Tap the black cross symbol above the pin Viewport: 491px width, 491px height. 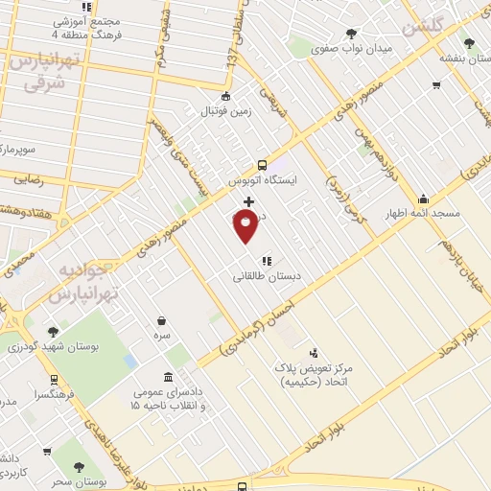pyautogui.click(x=249, y=201)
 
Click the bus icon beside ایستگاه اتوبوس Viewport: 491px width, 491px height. pyautogui.click(x=264, y=164)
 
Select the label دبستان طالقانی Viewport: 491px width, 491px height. pyautogui.click(x=267, y=276)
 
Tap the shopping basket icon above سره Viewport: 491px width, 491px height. pyautogui.click(x=161, y=321)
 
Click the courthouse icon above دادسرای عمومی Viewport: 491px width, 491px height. pyautogui.click(x=169, y=376)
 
